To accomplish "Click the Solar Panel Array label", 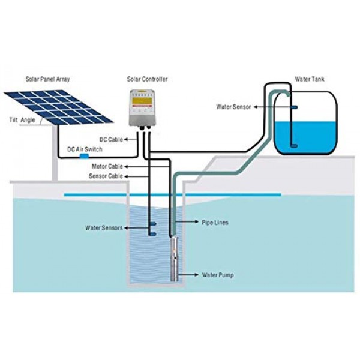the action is (x=47, y=79).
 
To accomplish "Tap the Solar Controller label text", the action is (x=147, y=79).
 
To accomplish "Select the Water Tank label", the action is (x=310, y=79).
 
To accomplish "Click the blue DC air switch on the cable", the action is (x=84, y=157).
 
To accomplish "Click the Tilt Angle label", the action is (x=22, y=120).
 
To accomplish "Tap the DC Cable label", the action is (x=111, y=140).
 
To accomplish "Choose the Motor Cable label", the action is (x=107, y=166).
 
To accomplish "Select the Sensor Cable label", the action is (x=106, y=176).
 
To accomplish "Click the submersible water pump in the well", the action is (x=174, y=259).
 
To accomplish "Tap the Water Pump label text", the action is (x=218, y=275).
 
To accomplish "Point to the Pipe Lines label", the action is (x=215, y=223).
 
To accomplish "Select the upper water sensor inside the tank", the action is (x=295, y=107).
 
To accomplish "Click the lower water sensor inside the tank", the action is (x=295, y=146).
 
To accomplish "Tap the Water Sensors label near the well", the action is (x=104, y=228).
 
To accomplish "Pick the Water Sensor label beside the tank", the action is (x=234, y=107).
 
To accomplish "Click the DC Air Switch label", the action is (x=85, y=149).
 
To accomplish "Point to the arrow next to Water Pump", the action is (x=188, y=275).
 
